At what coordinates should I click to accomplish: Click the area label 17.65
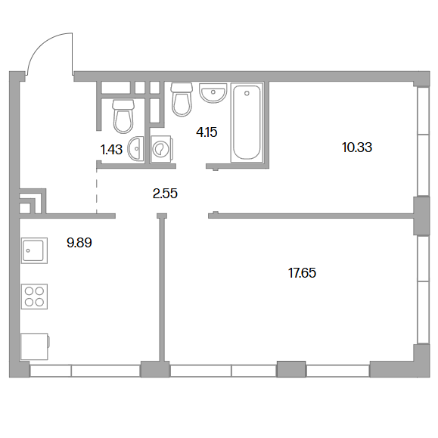point(302,273)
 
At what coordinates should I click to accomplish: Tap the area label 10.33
point(357,148)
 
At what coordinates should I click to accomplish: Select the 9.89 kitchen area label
point(79,243)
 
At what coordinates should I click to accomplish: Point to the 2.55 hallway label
point(165,194)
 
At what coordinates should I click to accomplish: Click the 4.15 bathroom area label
point(207,132)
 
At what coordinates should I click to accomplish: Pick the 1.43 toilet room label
point(111,150)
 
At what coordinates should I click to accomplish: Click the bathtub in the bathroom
point(247,122)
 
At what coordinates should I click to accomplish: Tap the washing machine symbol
point(161,149)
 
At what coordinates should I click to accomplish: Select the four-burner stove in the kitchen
point(34,297)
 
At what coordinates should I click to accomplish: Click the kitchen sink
point(34,250)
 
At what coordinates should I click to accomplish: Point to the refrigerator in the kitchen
point(35,346)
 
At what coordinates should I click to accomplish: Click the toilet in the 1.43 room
point(123,116)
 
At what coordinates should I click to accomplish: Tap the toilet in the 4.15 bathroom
point(182,99)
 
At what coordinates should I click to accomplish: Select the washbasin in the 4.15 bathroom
point(213,93)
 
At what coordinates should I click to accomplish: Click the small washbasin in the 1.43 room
point(135,148)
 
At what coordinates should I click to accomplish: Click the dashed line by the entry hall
point(97,191)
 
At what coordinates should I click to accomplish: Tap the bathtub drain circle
point(247,93)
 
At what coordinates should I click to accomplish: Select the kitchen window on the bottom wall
point(85,371)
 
